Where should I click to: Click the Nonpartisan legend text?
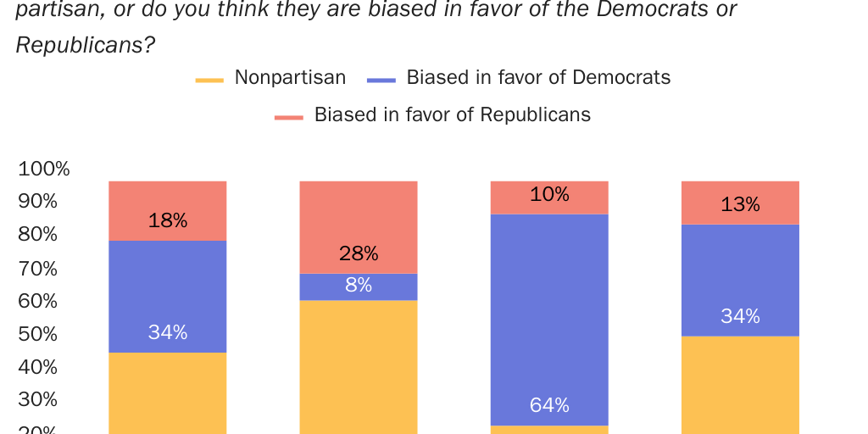pos(290,78)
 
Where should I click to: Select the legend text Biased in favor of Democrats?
pos(538,78)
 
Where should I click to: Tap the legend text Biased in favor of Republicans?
pos(452,114)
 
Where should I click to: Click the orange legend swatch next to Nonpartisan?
pos(209,81)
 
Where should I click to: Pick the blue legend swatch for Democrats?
pos(381,81)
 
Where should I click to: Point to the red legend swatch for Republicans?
pos(289,117)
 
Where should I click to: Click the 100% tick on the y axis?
pos(44,169)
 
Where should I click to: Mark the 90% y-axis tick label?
pos(38,202)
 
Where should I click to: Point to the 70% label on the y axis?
pos(38,269)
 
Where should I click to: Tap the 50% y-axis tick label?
pos(38,334)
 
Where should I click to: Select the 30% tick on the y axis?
pos(38,400)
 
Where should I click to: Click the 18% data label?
pos(168,221)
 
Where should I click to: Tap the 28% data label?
pos(359,253)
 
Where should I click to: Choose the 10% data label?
pos(549,195)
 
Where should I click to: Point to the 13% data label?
pos(740,204)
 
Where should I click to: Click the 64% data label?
pos(549,405)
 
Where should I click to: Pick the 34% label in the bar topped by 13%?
pos(740,316)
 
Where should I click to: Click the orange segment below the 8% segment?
pos(359,364)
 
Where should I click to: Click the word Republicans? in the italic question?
pos(86,45)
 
